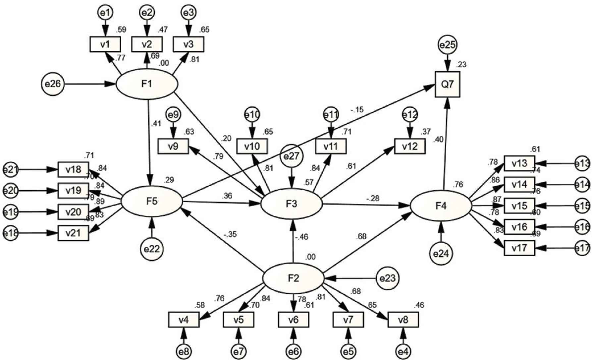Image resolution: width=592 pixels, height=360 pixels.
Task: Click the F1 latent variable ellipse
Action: click(147, 84)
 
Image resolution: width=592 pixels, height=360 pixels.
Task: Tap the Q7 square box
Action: click(447, 85)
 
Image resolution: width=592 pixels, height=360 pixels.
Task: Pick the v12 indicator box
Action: click(409, 146)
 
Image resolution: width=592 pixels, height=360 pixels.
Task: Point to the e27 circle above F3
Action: click(292, 156)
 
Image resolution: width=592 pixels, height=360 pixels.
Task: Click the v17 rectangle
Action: click(519, 248)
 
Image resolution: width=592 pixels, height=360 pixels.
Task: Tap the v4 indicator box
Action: click(184, 320)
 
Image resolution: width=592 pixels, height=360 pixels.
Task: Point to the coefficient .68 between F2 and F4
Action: click(362, 236)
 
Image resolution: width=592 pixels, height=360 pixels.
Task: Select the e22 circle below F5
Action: click(152, 249)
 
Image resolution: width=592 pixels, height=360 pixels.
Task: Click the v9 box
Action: click(173, 146)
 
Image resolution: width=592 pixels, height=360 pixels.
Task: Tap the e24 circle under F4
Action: click(441, 254)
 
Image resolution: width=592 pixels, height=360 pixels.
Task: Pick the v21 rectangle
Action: click(74, 233)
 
